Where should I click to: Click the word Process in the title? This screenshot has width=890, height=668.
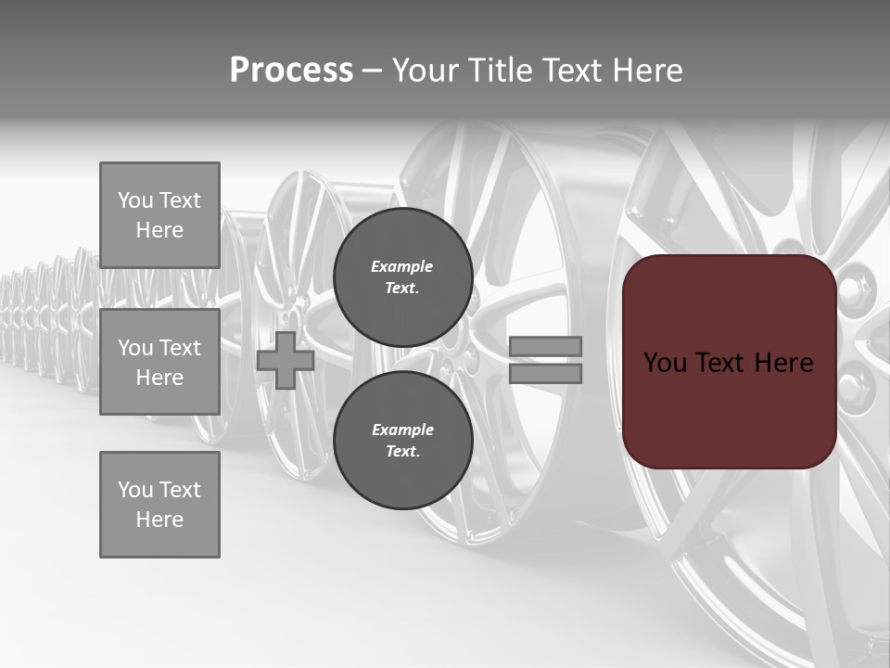(291, 71)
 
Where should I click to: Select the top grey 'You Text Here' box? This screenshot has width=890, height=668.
(159, 215)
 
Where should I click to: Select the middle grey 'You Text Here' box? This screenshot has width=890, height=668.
(159, 362)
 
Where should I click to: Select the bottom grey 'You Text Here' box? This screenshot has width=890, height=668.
(159, 505)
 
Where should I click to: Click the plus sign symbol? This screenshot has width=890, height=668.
(286, 360)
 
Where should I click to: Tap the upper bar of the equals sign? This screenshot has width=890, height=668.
(545, 346)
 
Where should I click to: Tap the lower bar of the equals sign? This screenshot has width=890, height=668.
(545, 374)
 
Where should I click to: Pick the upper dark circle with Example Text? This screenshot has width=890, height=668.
(402, 277)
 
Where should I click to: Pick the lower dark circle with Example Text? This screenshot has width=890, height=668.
(402, 440)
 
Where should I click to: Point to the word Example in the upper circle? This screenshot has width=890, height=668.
(402, 266)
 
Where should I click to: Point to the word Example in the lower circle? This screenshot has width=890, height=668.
(402, 430)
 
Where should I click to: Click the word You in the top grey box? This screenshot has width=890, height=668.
(135, 200)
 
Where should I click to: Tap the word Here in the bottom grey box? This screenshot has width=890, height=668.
(159, 520)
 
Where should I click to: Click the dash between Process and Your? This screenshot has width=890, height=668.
(372, 71)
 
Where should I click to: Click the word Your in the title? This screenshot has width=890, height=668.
(425, 71)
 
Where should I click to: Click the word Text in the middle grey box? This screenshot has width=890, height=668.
(179, 348)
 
